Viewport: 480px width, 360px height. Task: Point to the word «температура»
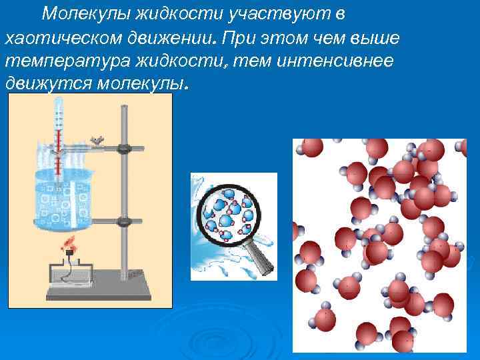[64, 61]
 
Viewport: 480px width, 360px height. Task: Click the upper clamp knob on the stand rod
[123, 148]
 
